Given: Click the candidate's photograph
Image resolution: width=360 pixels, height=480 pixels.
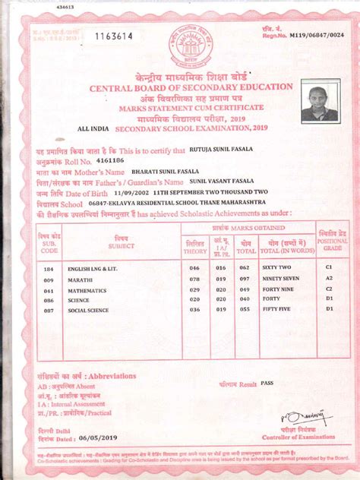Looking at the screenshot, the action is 319,103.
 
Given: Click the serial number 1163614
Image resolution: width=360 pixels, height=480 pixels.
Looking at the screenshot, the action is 112,36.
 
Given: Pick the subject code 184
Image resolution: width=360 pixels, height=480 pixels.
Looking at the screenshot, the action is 49,269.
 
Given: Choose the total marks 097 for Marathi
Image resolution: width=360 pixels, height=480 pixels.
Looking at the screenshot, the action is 245,279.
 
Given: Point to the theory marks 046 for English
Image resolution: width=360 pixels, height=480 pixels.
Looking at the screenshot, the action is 194,269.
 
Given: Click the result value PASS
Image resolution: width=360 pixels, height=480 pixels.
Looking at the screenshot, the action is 267,384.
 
